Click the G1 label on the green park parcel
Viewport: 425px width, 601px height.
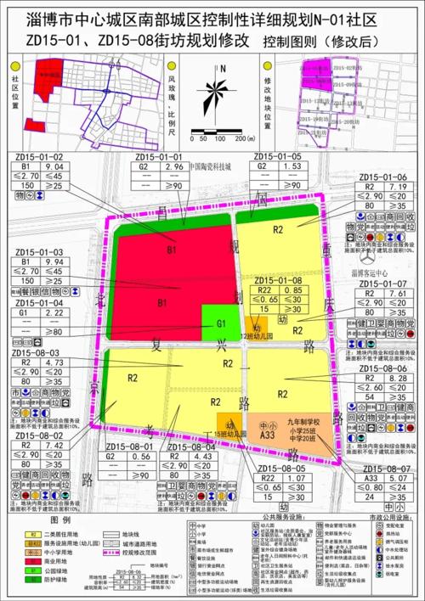tap(220, 323)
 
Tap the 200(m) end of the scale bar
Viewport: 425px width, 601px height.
tap(245, 138)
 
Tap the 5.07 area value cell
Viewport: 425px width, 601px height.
tap(396, 478)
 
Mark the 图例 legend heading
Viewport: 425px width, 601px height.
tap(59, 517)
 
